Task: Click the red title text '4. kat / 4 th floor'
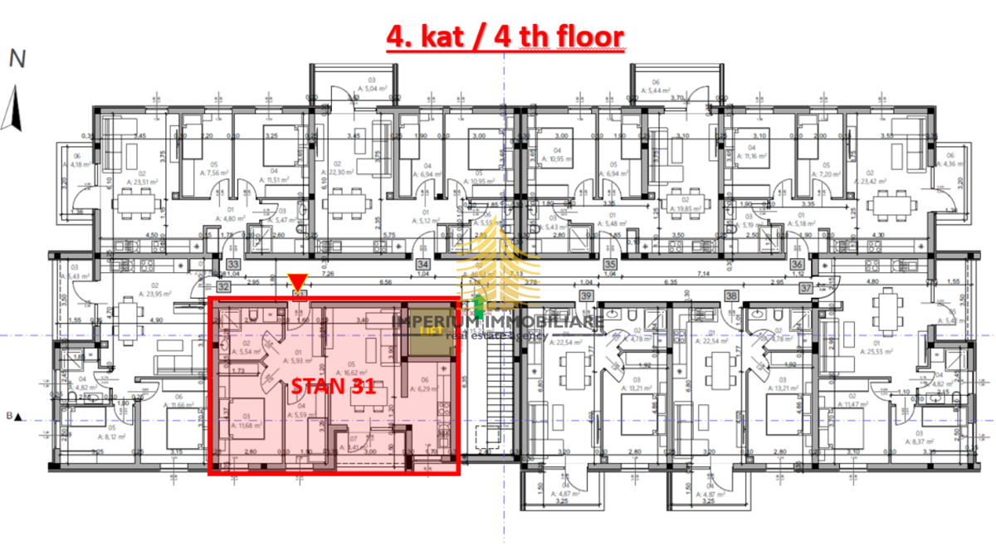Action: [504, 37]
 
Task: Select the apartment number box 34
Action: [421, 265]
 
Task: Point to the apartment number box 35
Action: [610, 265]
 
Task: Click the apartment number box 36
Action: [797, 265]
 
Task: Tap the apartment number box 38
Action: [731, 295]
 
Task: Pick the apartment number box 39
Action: [586, 295]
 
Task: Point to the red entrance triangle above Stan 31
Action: [297, 281]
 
